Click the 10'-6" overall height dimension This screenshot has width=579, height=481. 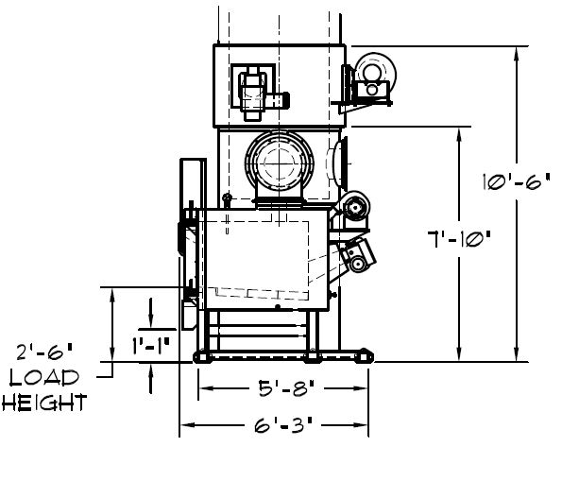pyautogui.click(x=517, y=181)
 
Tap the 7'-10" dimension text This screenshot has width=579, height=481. pyautogui.click(x=459, y=239)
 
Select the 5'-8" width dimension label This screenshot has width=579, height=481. pyautogui.click(x=286, y=388)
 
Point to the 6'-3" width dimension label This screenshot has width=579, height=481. pyautogui.click(x=283, y=425)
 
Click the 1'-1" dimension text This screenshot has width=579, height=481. pyautogui.click(x=151, y=346)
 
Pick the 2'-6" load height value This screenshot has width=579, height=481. pyautogui.click(x=44, y=352)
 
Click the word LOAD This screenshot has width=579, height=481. pyautogui.click(x=44, y=378)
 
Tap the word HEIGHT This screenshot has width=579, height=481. pyautogui.click(x=44, y=403)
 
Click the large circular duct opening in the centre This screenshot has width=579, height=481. pyautogui.click(x=280, y=163)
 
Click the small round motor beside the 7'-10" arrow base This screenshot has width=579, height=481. pyautogui.click(x=355, y=208)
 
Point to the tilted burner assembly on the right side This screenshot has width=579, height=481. pyautogui.click(x=357, y=255)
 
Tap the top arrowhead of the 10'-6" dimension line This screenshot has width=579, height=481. pyautogui.click(x=517, y=53)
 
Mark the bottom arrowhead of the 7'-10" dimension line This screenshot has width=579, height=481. pyautogui.click(x=459, y=355)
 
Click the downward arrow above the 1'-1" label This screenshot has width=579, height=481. pyautogui.click(x=151, y=313)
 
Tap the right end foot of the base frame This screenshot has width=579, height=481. pyautogui.click(x=365, y=355)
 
